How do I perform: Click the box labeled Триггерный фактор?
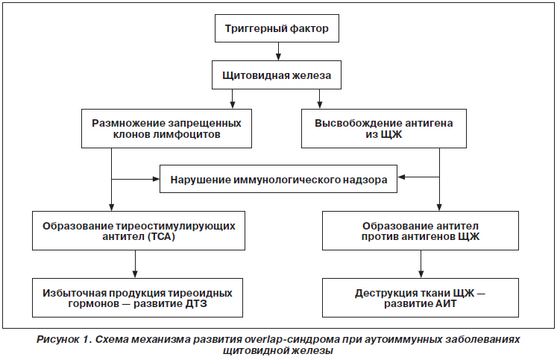click(x=277, y=28)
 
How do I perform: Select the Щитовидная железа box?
click(x=277, y=75)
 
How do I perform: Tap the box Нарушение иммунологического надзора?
click(x=279, y=179)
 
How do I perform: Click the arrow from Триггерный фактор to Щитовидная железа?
click(x=279, y=51)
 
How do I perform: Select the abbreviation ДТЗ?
click(x=196, y=303)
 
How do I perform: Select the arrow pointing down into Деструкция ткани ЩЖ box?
click(x=421, y=264)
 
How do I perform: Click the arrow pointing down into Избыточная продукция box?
click(x=135, y=264)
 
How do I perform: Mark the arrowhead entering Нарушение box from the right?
click(x=401, y=177)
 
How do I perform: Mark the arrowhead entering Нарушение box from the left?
click(x=156, y=179)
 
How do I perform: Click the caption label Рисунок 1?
click(x=64, y=340)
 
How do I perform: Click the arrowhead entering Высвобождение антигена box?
click(x=319, y=105)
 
